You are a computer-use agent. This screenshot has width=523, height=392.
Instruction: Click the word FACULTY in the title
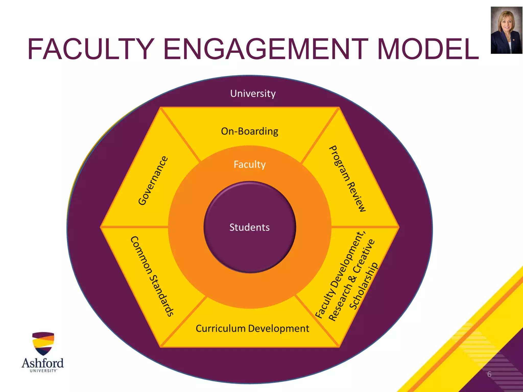(x=91, y=49)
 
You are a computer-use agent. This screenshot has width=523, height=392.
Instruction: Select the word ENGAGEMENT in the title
(x=266, y=49)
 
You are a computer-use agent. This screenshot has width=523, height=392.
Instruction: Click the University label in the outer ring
(x=253, y=94)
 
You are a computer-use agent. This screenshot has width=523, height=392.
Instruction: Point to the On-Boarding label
(x=249, y=131)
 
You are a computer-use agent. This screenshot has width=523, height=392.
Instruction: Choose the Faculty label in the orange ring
(x=249, y=164)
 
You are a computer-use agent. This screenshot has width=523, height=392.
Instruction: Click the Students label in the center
(x=249, y=227)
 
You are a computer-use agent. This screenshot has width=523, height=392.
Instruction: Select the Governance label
(x=153, y=180)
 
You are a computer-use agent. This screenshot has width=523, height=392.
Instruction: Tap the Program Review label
(x=348, y=179)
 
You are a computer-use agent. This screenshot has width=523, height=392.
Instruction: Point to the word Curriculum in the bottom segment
(x=220, y=328)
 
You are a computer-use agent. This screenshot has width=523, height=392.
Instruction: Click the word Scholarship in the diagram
(x=364, y=286)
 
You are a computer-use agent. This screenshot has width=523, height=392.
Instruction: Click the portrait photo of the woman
(x=506, y=30)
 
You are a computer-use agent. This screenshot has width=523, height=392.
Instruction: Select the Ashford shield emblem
(x=43, y=344)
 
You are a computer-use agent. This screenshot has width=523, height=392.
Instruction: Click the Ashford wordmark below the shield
(x=43, y=363)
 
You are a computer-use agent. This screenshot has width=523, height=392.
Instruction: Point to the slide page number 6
(x=489, y=374)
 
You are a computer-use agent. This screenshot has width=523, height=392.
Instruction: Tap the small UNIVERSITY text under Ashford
(x=43, y=371)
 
